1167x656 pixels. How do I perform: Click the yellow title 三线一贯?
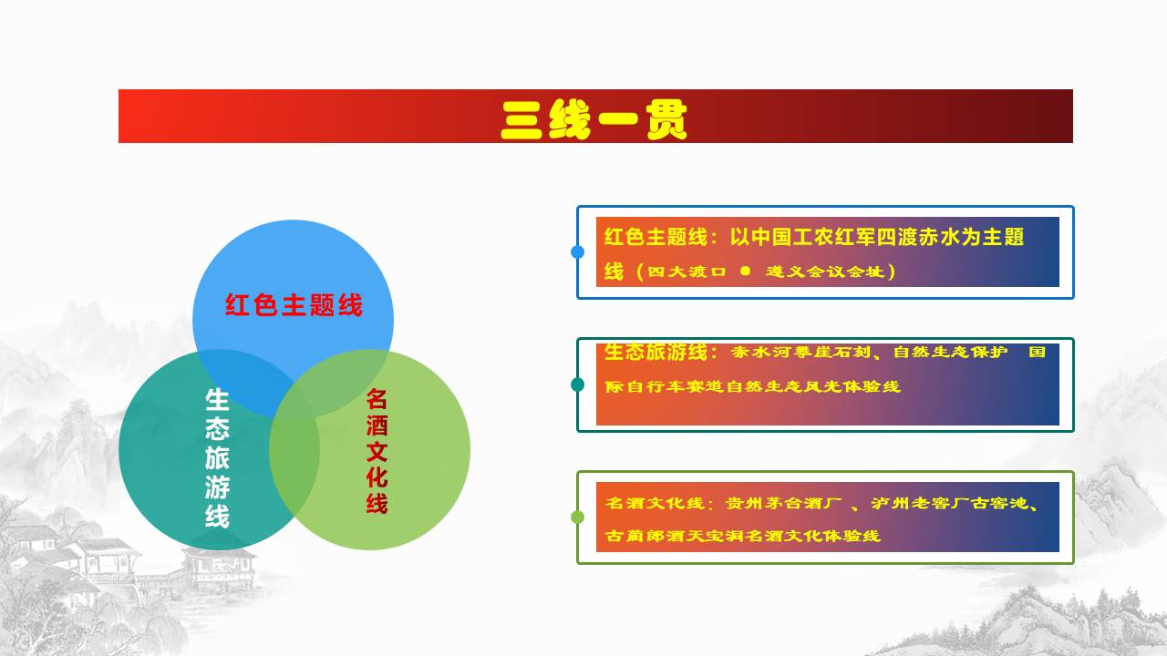coord(594,119)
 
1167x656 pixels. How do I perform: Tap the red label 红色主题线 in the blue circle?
coord(294,305)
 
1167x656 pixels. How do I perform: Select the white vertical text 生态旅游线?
coord(217,458)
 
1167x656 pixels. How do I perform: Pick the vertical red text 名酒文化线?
coord(377,451)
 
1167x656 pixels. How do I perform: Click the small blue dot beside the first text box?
coord(577,252)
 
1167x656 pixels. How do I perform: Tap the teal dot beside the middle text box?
coord(577,384)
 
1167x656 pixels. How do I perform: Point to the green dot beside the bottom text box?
coord(577,517)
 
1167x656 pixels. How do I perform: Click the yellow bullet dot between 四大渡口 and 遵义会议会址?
coord(746,271)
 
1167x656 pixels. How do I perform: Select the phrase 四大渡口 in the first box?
coord(687,272)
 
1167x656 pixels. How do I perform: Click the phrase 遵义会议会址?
coord(825,272)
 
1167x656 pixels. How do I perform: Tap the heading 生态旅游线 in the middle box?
coord(656,352)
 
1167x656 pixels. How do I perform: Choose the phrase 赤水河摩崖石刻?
coord(800,353)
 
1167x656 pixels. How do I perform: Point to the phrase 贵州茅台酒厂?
coord(783,504)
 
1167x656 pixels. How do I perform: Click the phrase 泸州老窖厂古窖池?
coord(949,504)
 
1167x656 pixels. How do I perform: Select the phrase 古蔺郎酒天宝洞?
coord(674,536)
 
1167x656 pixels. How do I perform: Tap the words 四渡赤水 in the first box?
coord(918,237)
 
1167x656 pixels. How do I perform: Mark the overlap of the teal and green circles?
coord(294,450)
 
